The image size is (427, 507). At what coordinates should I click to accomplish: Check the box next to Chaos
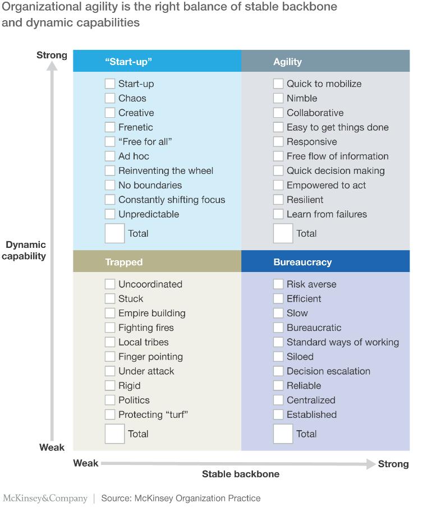pos(109,98)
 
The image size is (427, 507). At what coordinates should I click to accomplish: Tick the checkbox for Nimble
pos(278,98)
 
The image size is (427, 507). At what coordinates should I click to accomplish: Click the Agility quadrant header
pos(288,62)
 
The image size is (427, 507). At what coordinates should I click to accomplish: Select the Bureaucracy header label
pos(302,262)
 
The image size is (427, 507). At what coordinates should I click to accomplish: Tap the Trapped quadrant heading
pos(124,262)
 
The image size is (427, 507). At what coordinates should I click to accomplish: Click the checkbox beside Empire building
pos(109,313)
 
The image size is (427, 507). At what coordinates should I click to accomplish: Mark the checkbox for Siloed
pos(278,356)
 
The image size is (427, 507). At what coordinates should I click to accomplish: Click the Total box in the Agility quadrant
pos(283,233)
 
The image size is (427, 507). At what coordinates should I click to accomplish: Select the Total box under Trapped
pos(114,434)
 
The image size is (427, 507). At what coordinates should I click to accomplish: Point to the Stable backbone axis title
pos(241,474)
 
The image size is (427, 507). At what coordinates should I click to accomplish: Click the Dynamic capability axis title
pos(24,250)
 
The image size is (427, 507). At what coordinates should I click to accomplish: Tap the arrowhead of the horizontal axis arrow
pos(371,464)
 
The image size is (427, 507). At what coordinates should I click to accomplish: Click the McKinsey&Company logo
pos(45,498)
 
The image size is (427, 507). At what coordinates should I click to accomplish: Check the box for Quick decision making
pos(278,170)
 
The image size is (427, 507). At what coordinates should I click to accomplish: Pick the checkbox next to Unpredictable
pos(109,214)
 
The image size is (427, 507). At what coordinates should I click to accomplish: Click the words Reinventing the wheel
pos(166,170)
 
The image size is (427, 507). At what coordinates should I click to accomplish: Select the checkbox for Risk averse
pos(278,284)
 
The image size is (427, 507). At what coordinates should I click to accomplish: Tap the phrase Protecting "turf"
pos(153,414)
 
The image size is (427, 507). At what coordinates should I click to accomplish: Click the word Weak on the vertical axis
pos(52,447)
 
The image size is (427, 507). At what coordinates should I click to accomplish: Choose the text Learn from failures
pos(327,214)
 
